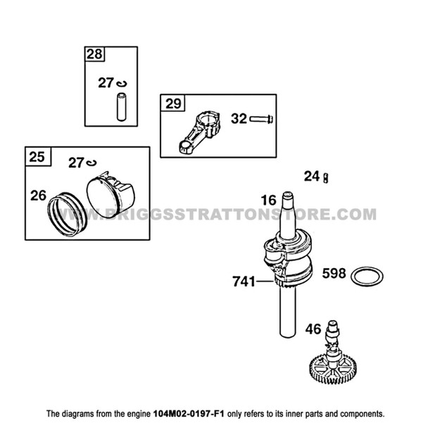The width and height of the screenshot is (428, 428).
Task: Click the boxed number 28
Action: click(x=93, y=54)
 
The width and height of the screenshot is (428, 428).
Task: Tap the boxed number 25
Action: click(x=36, y=156)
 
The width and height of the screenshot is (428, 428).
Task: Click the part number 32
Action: click(x=239, y=119)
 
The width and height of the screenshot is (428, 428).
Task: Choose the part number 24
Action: click(x=312, y=176)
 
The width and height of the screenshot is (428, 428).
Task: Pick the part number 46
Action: click(x=313, y=329)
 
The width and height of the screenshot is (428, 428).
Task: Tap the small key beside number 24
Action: click(x=326, y=178)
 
